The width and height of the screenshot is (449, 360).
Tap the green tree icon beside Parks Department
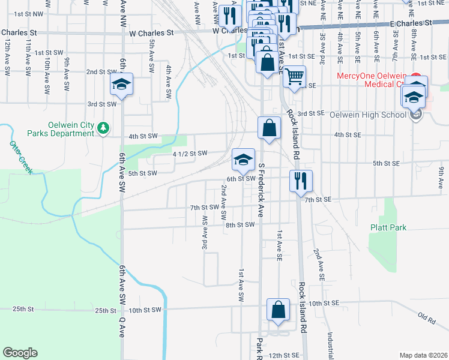[x=103, y=127]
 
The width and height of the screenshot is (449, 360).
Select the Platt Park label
[x=388, y=227]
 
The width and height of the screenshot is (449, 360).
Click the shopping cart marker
[x=294, y=77]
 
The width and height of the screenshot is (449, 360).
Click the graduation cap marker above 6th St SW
[x=243, y=160]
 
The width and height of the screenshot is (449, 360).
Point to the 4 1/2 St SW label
[x=190, y=154]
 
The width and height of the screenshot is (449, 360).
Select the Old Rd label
[x=427, y=317]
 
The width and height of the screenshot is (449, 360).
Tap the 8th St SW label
[x=240, y=224]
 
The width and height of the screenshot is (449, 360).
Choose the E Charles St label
[x=411, y=23]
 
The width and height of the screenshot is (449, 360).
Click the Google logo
[x=20, y=352]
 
